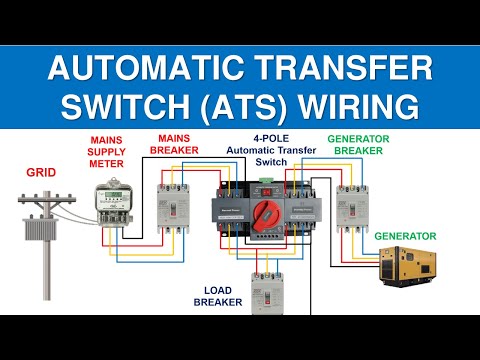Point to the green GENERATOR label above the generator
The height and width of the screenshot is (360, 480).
point(405,236)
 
